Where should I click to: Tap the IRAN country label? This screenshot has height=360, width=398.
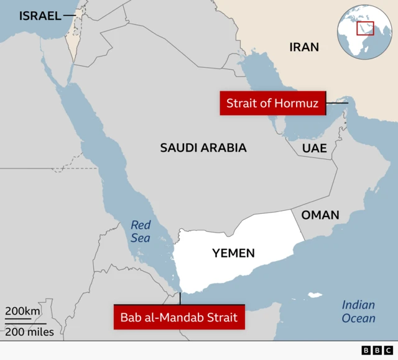(304, 47)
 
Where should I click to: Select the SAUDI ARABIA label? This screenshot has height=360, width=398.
(203, 148)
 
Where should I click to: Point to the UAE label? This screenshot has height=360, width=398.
(314, 148)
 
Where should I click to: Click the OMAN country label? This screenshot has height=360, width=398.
(320, 215)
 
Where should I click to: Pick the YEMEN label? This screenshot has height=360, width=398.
(233, 253)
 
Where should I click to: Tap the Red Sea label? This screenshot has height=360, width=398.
(141, 231)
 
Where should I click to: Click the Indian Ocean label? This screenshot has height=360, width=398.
(359, 312)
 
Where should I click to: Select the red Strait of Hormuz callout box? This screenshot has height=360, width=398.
(272, 103)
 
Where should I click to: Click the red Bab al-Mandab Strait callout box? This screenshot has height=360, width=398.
(179, 318)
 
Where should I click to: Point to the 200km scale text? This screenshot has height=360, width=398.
(23, 312)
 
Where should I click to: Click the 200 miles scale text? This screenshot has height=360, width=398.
(30, 331)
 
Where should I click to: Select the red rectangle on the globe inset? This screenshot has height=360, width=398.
(365, 29)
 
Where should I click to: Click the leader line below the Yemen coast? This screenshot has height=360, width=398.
(180, 298)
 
